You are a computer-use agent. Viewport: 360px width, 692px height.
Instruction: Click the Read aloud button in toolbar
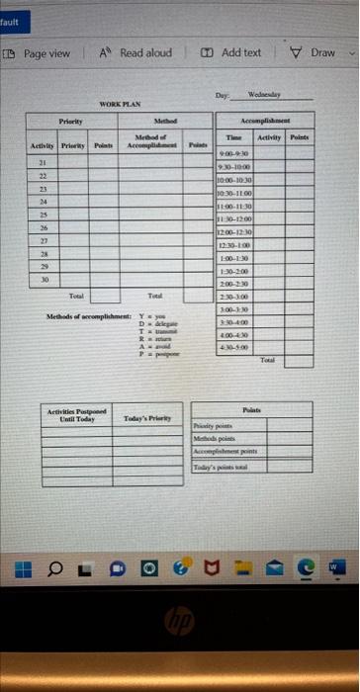tap(136, 52)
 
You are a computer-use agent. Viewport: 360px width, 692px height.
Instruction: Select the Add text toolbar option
tap(232, 52)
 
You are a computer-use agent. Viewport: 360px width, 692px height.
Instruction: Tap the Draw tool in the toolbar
tap(315, 52)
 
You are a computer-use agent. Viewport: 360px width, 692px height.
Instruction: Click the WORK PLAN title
tap(120, 104)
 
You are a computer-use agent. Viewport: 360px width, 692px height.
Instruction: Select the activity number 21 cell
tap(43, 161)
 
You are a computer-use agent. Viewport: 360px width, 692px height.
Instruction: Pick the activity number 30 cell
tap(43, 252)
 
